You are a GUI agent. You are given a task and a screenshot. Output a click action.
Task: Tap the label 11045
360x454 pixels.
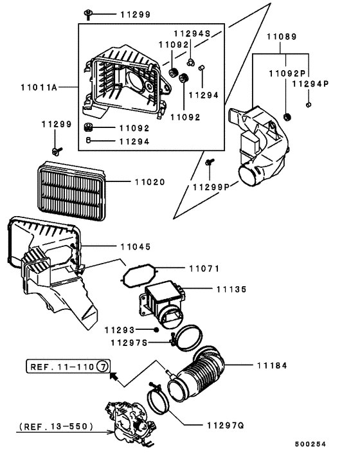(x=136, y=246)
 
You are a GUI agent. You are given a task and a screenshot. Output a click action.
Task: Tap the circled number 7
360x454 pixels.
(x=104, y=367)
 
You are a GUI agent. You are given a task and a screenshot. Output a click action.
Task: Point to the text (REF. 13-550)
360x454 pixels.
(x=56, y=426)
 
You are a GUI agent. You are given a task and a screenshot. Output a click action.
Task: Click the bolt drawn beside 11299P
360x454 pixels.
(x=210, y=167)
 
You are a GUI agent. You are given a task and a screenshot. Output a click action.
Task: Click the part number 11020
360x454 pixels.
(x=149, y=183)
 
